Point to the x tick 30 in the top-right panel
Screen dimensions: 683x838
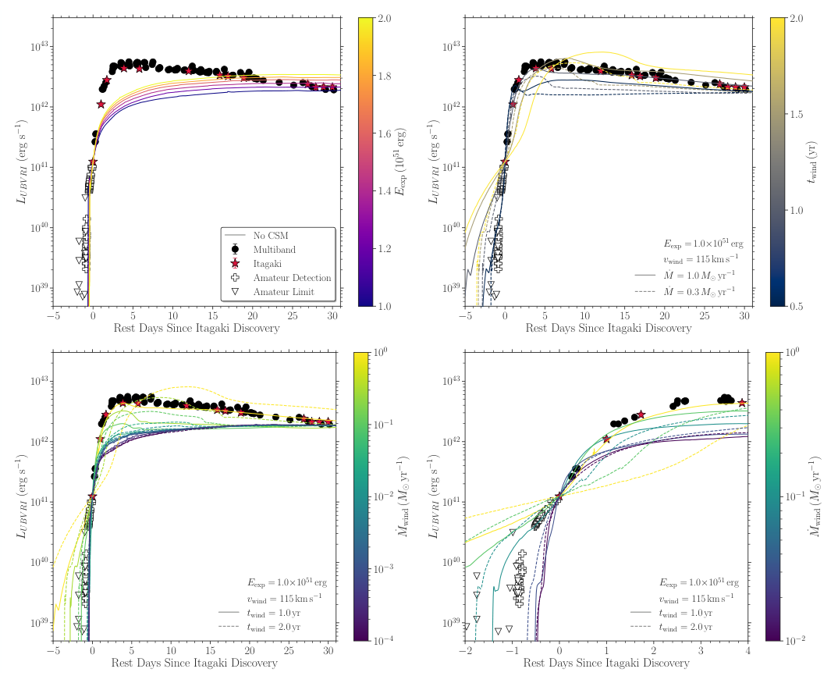[x=744, y=316]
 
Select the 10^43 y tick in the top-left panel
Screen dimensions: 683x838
[x=39, y=47]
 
